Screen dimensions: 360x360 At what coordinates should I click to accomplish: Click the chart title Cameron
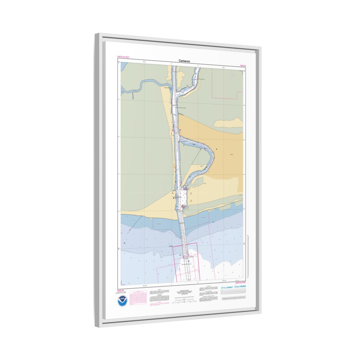[184, 61]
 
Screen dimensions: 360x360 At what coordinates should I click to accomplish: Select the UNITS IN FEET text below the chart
[240, 283]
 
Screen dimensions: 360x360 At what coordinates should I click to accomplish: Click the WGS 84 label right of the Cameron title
[243, 65]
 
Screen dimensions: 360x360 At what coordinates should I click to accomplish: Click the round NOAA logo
[122, 301]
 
